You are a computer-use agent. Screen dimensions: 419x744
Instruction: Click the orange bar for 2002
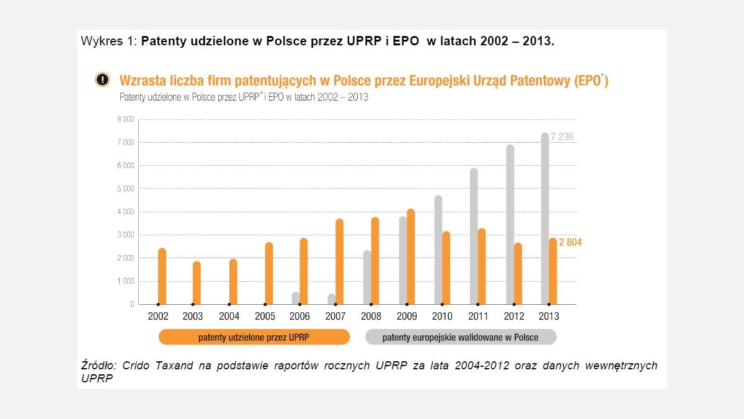(162, 276)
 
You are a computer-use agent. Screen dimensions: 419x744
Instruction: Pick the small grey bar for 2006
(296, 299)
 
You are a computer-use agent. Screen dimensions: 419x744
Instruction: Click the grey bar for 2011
(474, 237)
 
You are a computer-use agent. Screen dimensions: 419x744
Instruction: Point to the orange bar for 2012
(518, 274)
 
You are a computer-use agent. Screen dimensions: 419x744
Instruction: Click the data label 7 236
(562, 137)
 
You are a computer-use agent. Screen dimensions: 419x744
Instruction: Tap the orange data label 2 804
(570, 243)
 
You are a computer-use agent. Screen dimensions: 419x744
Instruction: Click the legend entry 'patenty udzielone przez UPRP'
(254, 337)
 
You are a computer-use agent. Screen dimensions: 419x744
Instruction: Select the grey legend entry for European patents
(460, 337)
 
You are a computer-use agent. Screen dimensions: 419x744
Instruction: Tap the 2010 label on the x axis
(442, 317)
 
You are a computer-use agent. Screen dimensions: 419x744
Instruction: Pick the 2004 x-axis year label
(229, 317)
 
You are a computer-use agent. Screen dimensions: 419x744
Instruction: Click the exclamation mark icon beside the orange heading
(103, 79)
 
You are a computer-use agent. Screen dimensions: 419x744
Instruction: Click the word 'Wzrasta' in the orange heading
(144, 81)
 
